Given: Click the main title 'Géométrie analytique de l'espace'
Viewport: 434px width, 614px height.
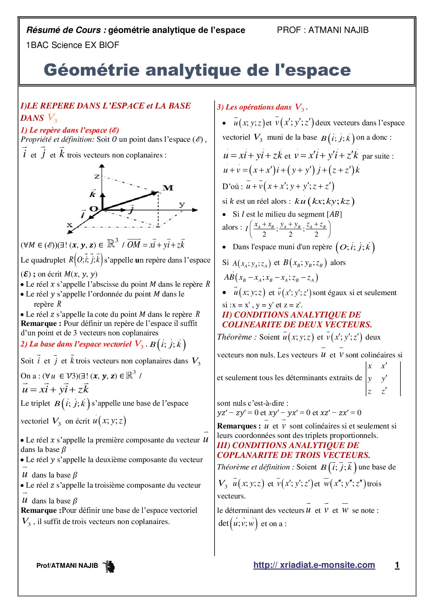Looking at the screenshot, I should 197,70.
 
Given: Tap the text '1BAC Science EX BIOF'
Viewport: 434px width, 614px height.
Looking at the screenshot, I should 73,45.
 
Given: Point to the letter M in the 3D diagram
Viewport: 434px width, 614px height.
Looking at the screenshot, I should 168,188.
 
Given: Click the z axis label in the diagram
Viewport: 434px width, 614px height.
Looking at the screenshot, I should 97,176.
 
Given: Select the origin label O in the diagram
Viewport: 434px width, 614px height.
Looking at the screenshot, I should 93,209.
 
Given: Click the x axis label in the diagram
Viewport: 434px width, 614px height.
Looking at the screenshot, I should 70,225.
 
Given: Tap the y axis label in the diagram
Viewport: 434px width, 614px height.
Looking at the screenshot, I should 182,204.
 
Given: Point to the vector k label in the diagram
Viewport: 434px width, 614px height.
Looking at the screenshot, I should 93,194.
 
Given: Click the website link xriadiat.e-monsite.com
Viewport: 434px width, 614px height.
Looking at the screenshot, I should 314,565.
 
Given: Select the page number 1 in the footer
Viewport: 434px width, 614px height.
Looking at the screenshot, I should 397,565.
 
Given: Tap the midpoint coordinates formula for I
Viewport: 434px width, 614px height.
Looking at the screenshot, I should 288,229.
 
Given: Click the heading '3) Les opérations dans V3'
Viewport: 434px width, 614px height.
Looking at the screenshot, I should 262,107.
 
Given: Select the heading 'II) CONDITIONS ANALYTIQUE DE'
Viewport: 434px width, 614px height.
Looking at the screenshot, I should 291,315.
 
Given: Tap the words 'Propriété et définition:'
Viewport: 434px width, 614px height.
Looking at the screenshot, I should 57,139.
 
